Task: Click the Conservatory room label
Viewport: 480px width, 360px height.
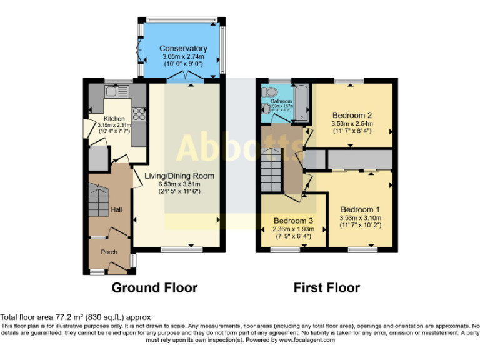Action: (182, 48)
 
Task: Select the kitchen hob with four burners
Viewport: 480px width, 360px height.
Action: (138, 114)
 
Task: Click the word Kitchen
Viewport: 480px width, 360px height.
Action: (114, 119)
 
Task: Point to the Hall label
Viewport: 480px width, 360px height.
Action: (116, 210)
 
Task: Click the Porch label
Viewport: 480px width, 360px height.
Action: (109, 252)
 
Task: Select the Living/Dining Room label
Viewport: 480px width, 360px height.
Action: (179, 176)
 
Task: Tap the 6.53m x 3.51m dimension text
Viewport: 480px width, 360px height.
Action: (179, 184)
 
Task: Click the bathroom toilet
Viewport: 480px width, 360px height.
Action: (270, 92)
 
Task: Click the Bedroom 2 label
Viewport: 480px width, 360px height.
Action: (352, 115)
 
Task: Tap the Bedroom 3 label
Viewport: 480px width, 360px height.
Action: (293, 221)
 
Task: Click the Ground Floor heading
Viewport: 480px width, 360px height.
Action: (154, 288)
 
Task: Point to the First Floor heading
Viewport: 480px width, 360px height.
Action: (327, 288)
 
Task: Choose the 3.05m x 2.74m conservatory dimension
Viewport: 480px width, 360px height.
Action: (182, 56)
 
